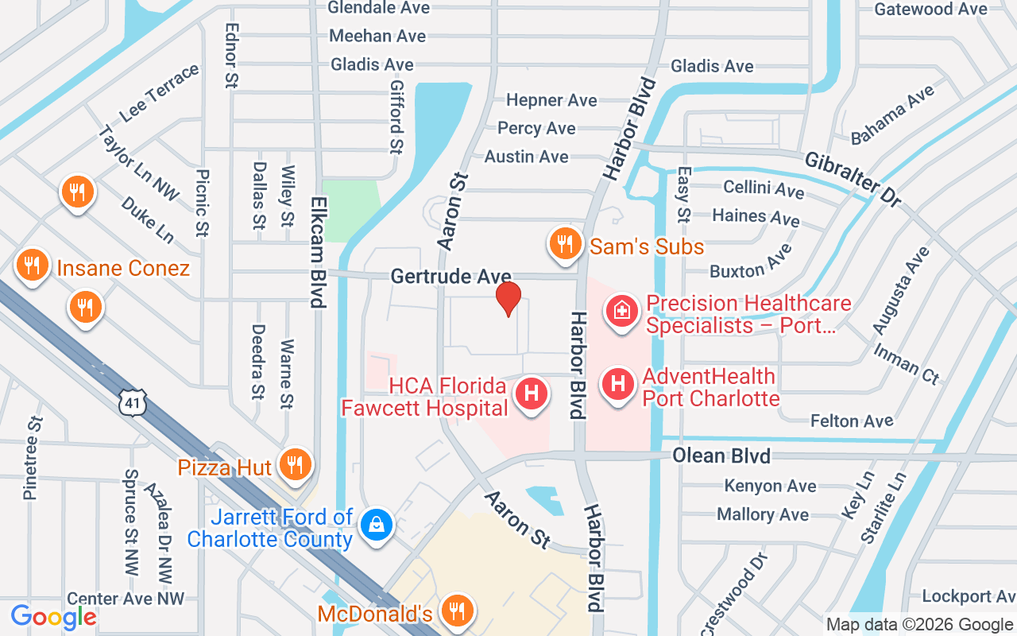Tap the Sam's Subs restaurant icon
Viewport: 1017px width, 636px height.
click(565, 244)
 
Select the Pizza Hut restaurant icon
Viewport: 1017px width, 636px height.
click(296, 464)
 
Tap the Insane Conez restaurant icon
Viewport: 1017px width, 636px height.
click(32, 265)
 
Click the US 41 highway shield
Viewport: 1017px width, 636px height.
click(133, 403)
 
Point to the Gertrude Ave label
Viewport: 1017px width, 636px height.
click(450, 276)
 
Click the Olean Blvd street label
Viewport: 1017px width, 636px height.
click(721, 456)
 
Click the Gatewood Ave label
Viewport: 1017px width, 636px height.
click(930, 10)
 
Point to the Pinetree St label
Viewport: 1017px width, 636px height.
click(33, 456)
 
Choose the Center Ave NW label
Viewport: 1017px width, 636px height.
click(126, 598)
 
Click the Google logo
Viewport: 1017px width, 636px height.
click(53, 617)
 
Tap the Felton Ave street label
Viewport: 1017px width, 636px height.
click(851, 421)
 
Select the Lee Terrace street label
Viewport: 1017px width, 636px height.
click(159, 93)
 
